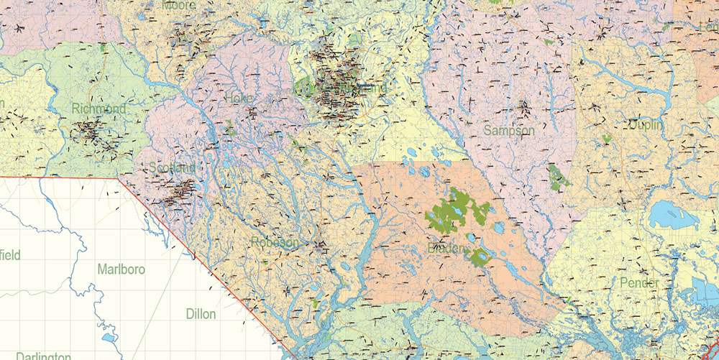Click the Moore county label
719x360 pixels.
tap(179, 6)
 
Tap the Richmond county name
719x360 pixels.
tap(99, 109)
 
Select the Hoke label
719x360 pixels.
tap(239, 98)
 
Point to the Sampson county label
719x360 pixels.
tap(509, 130)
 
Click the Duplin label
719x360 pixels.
tap(646, 125)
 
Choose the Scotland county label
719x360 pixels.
tap(173, 167)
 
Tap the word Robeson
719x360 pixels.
tap(275, 243)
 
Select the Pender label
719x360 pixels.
tap(638, 283)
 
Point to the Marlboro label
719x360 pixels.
tap(121, 269)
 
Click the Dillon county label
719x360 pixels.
tap(201, 314)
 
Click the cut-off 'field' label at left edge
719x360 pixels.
tap(10, 255)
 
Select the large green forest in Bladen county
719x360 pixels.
tap(457, 210)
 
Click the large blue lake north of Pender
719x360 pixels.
tap(673, 214)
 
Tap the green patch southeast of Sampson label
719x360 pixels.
tap(557, 176)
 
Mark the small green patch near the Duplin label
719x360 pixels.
tap(608, 137)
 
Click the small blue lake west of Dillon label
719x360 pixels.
tap(108, 336)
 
